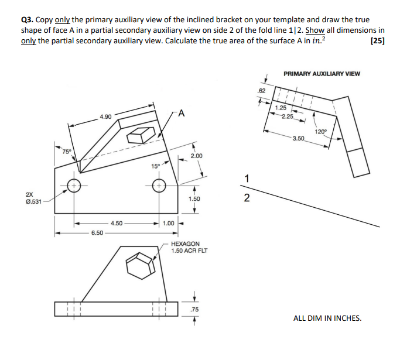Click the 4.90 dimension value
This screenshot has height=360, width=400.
tap(106, 116)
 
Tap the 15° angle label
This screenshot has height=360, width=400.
tap(155, 166)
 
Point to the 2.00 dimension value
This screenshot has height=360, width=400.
tap(197, 156)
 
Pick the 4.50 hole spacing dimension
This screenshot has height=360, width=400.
tap(117, 223)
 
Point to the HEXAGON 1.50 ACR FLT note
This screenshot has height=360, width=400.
tap(189, 247)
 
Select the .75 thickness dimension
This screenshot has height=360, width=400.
tap(196, 309)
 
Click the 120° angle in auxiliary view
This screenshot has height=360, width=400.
tap(320, 131)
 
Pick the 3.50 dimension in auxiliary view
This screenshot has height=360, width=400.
tap(298, 139)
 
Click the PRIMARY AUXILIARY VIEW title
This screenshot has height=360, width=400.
tap(322, 74)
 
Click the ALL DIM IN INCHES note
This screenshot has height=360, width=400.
tap(327, 318)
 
